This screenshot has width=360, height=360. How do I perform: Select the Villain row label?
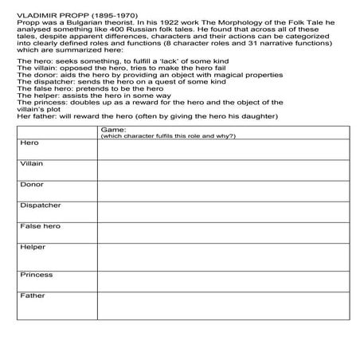point(32,163)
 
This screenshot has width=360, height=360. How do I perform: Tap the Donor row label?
point(31,185)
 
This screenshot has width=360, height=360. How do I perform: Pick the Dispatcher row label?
point(40,205)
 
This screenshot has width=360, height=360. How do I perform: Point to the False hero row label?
point(39,227)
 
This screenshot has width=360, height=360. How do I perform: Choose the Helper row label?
point(32,248)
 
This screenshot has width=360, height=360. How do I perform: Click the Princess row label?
point(36,276)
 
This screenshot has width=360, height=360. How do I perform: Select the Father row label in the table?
point(32,296)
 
